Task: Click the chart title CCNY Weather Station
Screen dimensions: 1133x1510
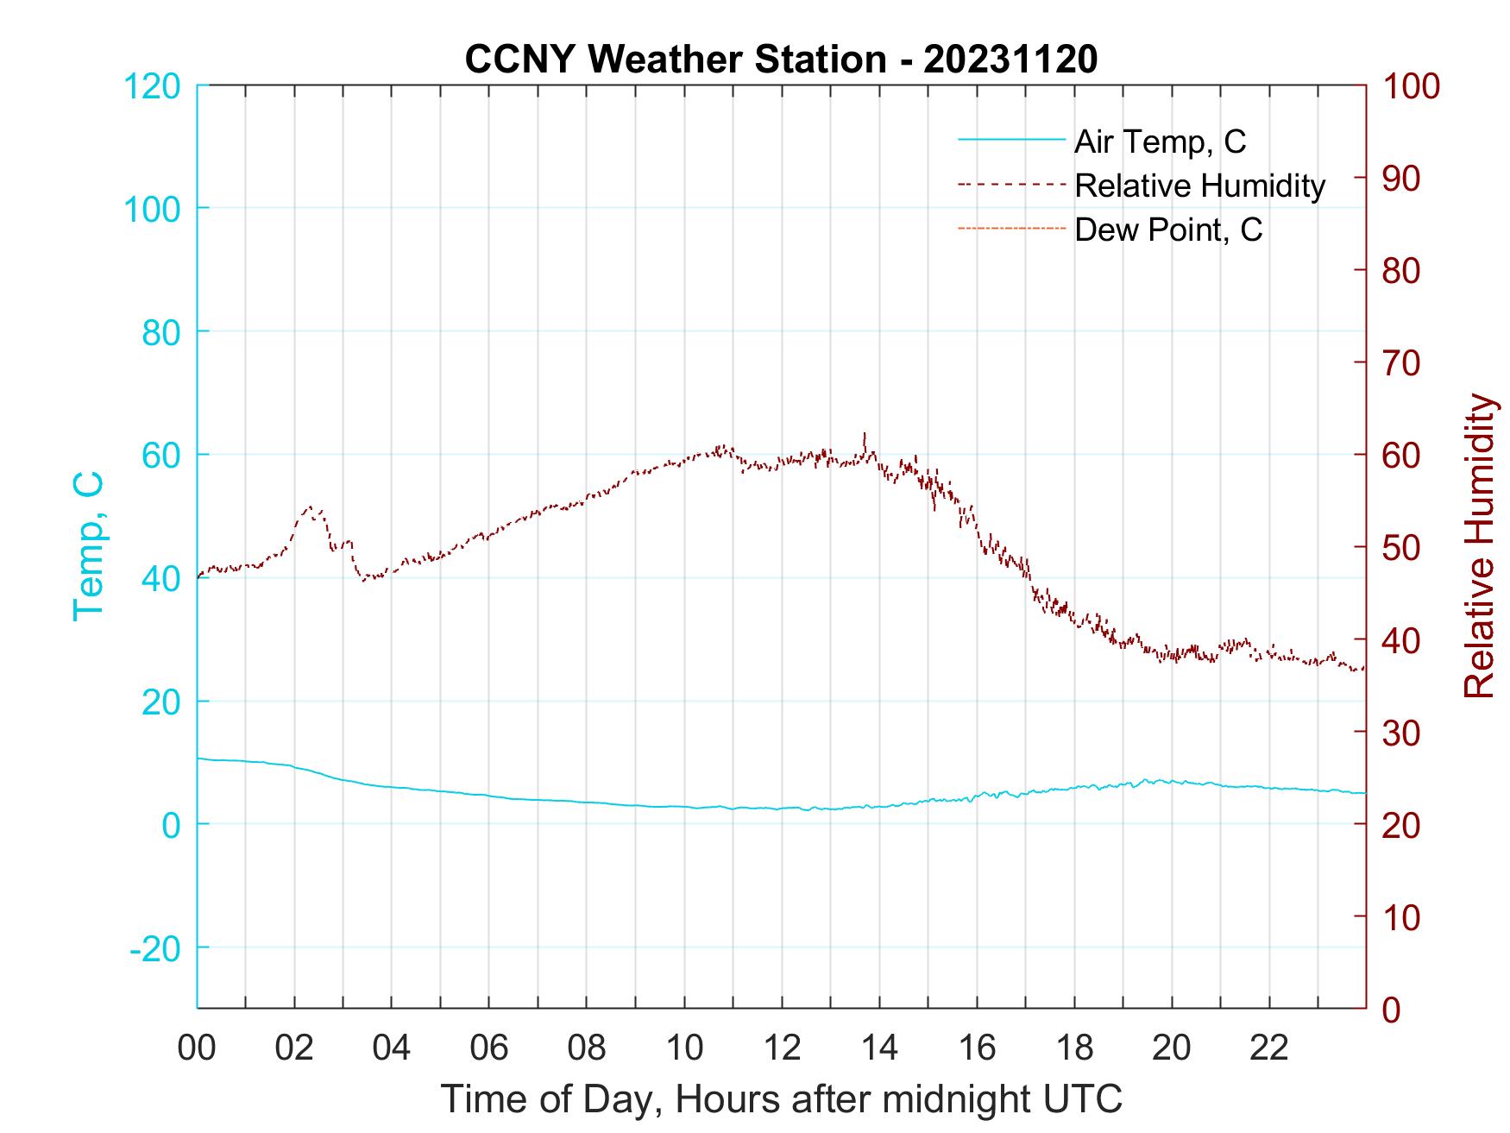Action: point(781,60)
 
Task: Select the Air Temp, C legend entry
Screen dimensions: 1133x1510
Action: point(1160,142)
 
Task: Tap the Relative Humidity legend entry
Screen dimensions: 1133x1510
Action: point(1199,186)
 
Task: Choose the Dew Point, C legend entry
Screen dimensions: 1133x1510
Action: point(1168,230)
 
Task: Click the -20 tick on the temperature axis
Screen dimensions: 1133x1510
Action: point(154,948)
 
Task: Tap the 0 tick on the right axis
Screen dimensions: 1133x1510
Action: point(1392,1009)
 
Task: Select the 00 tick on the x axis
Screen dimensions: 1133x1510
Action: point(197,1048)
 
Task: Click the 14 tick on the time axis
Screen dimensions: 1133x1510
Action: point(879,1048)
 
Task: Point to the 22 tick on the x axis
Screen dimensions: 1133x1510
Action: point(1269,1048)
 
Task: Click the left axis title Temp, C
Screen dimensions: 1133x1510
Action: point(88,546)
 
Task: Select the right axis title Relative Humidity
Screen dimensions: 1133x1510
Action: point(1479,546)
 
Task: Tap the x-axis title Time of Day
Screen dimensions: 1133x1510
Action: point(781,1099)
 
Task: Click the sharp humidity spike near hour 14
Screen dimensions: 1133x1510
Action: point(865,434)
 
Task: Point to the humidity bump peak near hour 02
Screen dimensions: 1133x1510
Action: point(310,507)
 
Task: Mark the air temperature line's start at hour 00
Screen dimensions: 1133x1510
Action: point(198,758)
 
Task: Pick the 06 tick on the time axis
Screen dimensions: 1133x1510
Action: point(489,1048)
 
